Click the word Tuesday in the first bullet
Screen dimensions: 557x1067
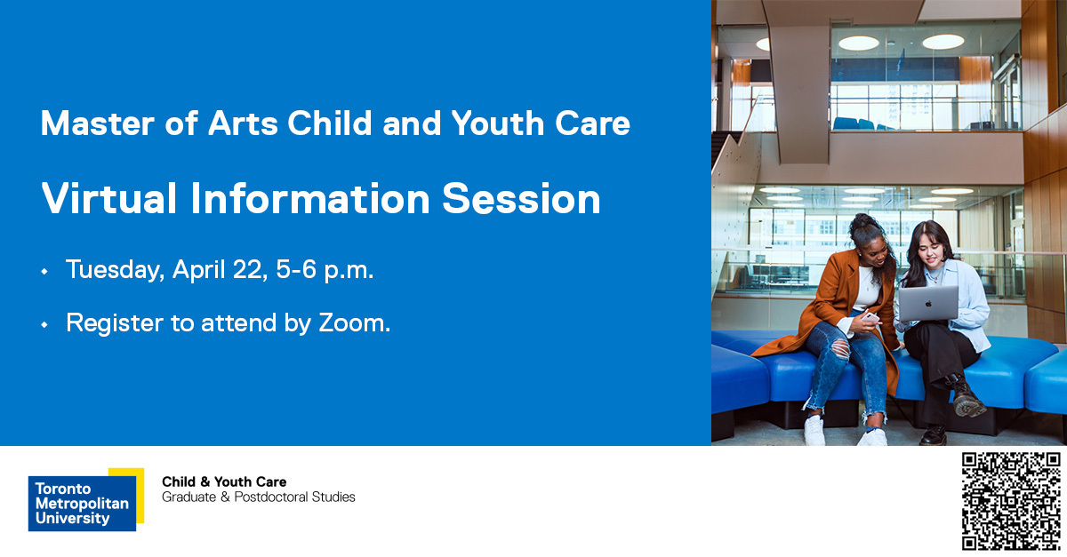[x=112, y=270]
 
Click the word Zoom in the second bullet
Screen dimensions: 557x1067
[x=353, y=323]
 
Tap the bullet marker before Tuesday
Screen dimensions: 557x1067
[x=44, y=272]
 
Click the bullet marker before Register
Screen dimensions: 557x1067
[x=44, y=325]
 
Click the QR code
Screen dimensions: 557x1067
[x=1011, y=500]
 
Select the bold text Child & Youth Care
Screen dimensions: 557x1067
[x=224, y=481]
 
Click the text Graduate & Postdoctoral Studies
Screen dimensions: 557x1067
[x=258, y=497]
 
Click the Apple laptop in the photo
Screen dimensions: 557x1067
[x=927, y=303]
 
